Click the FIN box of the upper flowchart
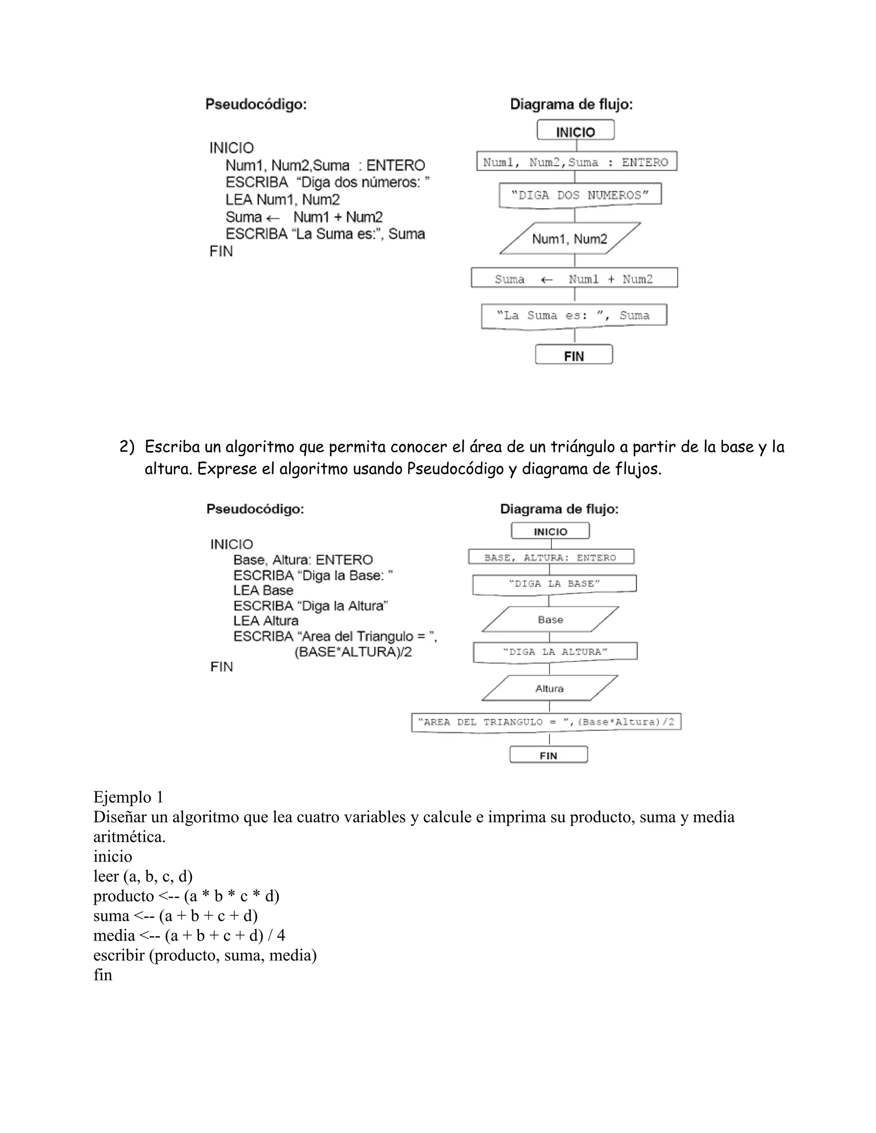tap(574, 355)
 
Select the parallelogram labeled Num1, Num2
tap(569, 239)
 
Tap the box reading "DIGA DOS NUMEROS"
tap(580, 195)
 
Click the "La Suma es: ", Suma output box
tap(574, 316)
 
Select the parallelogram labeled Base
tap(550, 620)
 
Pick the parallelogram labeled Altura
tap(550, 688)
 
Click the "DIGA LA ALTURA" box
tap(554, 652)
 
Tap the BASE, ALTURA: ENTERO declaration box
tap(550, 558)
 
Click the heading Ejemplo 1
tap(128, 797)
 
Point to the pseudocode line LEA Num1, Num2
tap(282, 200)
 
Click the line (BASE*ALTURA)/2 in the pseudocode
tap(353, 652)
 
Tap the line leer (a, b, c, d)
tap(143, 876)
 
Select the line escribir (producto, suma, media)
tap(204, 955)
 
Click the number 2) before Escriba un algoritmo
tap(127, 447)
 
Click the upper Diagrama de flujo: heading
tap(571, 105)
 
